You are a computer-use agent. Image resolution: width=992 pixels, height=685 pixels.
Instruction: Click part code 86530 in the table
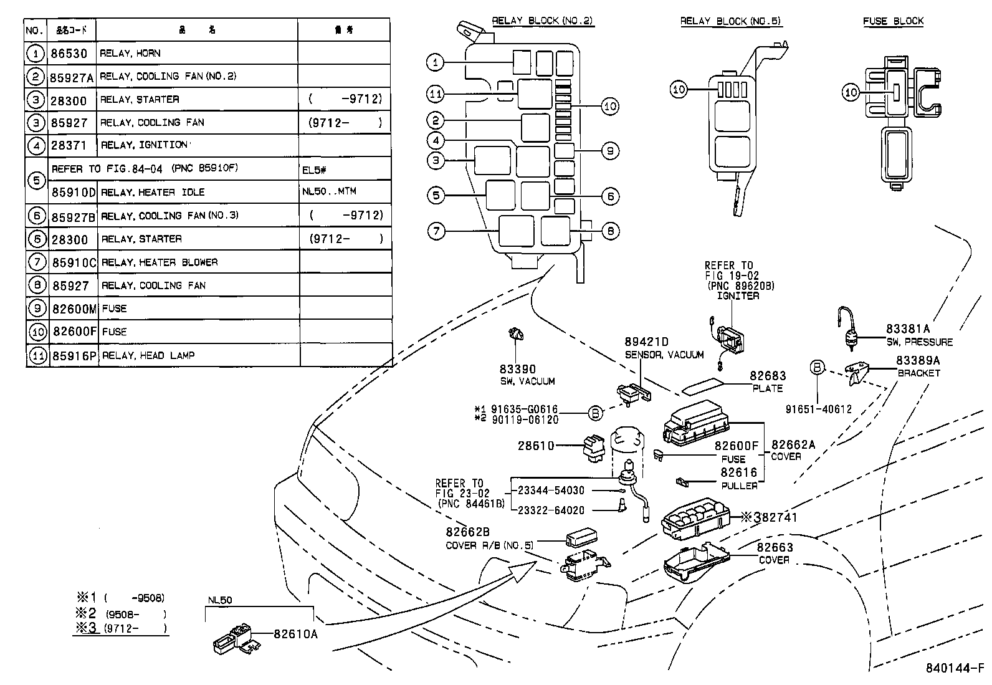69,54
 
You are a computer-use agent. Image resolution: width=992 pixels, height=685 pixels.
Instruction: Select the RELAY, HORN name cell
130,54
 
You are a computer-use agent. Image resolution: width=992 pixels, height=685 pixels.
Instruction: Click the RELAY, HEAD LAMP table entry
148,355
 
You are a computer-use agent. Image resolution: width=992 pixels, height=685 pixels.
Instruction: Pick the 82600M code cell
74,309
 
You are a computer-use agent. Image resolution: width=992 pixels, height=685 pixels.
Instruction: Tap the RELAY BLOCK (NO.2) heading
542,21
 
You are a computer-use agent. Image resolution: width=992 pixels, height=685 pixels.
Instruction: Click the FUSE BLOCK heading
893,21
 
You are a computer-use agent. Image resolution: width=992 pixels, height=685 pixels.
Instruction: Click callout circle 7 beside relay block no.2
436,231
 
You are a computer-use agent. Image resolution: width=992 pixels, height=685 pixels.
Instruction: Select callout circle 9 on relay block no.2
610,150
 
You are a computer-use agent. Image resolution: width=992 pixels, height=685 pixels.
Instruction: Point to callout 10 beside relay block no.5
679,89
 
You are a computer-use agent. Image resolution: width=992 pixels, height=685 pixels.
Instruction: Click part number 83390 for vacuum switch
517,369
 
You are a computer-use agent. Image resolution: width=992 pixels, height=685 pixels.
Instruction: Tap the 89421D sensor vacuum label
646,342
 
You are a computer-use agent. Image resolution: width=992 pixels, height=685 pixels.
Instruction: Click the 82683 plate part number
768,376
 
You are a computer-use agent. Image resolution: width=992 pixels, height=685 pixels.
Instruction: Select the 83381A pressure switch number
908,329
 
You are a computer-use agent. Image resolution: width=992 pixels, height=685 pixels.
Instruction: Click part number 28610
536,446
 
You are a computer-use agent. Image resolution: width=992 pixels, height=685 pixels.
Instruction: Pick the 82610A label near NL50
295,634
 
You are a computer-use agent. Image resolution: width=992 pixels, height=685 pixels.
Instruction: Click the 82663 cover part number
775,547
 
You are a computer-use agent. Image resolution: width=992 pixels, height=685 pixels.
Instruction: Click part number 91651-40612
818,410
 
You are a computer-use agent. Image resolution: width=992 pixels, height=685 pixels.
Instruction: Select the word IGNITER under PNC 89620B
737,295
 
